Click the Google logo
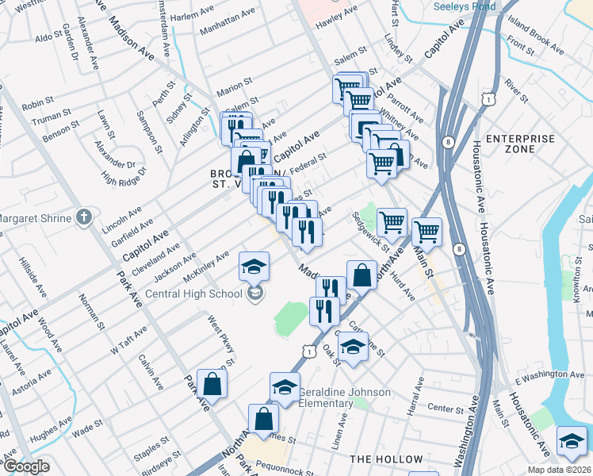click(x=25, y=466)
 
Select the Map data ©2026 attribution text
click(x=557, y=470)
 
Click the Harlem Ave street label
click(x=195, y=16)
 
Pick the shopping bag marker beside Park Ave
click(x=212, y=384)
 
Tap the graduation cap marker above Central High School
click(x=254, y=267)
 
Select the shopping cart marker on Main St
click(x=427, y=231)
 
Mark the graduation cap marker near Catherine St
click(x=353, y=346)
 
